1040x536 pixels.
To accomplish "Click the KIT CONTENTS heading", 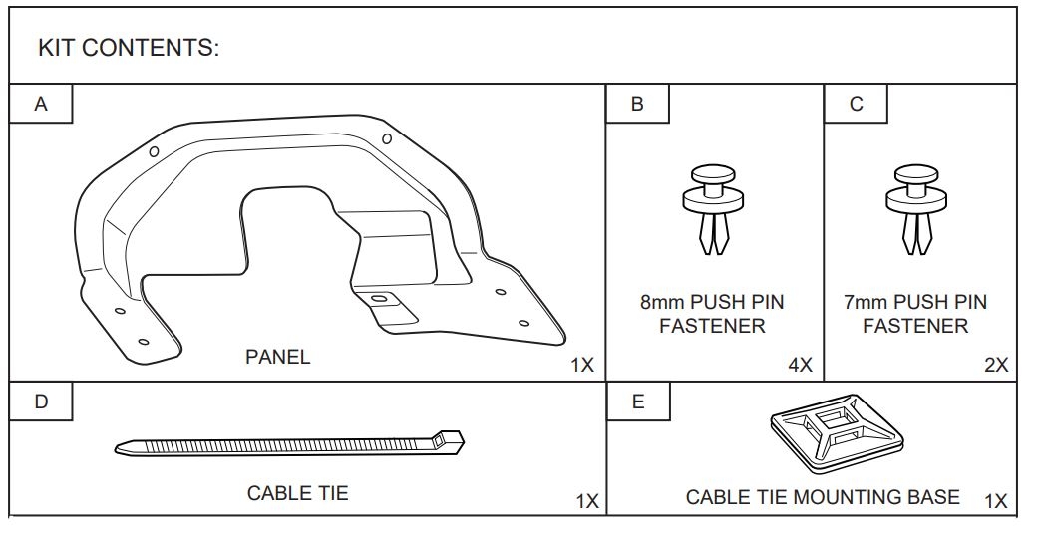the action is pos(129,48).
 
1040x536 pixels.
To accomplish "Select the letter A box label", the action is pos(41,104).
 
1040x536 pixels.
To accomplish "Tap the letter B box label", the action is pos(637,104).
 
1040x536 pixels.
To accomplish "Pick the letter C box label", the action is pos(857,104).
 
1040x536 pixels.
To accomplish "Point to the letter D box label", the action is pos(41,402).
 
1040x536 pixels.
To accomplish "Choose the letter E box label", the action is pos(638,402).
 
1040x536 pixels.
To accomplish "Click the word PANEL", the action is pos(278,357).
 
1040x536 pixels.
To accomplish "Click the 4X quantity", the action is pos(800,365).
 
